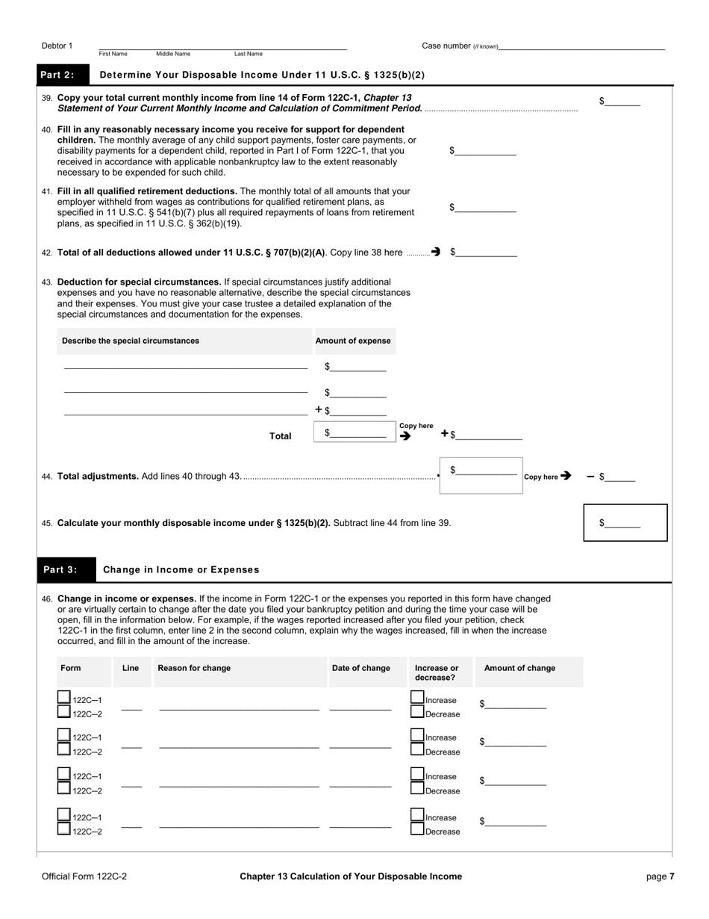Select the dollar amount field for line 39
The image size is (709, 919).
[x=622, y=102]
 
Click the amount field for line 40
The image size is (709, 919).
[x=485, y=151]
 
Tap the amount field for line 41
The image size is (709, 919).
[x=485, y=208]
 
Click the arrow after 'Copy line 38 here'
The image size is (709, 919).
[x=436, y=253]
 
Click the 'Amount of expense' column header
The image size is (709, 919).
[x=353, y=341]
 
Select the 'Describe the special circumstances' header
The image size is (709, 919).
[x=131, y=341]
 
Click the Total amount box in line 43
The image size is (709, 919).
[x=355, y=433]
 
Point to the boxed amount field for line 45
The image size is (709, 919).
[x=624, y=523]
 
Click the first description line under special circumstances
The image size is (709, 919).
[x=185, y=367]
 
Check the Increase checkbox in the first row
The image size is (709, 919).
[x=417, y=697]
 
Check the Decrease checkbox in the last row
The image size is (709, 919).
[x=417, y=829]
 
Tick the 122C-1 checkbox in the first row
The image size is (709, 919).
[x=64, y=697]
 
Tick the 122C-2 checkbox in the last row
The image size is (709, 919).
[x=64, y=829]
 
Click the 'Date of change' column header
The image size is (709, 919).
[x=360, y=668]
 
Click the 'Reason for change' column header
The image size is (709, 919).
[x=194, y=668]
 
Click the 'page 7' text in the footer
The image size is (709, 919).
[x=660, y=876]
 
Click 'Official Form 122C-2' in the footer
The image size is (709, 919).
[x=84, y=876]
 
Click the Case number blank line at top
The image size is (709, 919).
[x=582, y=47]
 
